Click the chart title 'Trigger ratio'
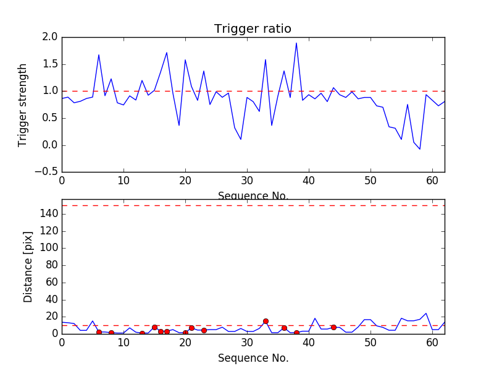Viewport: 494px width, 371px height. [x=253, y=29]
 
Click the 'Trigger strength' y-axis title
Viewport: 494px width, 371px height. [x=23, y=104]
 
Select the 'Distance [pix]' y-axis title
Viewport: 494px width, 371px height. [x=28, y=267]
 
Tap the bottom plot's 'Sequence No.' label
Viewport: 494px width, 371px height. [x=253, y=358]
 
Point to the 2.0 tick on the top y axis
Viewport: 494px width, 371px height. [x=51, y=37]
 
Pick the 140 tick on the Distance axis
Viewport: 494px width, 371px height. [x=49, y=214]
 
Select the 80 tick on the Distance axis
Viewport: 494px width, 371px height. [x=52, y=265]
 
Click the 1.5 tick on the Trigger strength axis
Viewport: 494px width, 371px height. [x=51, y=64]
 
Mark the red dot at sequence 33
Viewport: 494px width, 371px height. [x=266, y=321]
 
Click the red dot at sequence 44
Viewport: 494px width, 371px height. [x=333, y=327]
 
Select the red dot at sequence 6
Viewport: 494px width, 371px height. [x=99, y=333]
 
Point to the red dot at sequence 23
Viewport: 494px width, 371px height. [x=204, y=330]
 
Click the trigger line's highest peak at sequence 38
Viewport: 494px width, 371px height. [x=296, y=43]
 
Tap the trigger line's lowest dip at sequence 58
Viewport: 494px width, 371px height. [x=420, y=149]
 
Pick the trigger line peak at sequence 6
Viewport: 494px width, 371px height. [x=99, y=55]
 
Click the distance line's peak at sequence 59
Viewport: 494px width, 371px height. [x=426, y=313]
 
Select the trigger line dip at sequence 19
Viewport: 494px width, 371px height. [x=179, y=126]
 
